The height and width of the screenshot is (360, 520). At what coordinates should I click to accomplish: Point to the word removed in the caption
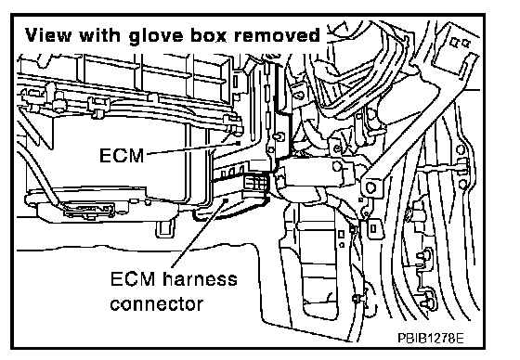click(278, 34)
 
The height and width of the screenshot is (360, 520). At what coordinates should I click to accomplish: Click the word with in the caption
click(100, 34)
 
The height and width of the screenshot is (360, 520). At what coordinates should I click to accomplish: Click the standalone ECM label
click(122, 155)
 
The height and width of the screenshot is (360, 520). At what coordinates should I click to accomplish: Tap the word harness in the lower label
click(201, 279)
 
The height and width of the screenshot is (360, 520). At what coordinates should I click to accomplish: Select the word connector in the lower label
click(157, 304)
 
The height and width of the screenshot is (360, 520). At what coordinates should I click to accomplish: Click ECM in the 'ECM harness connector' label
click(133, 279)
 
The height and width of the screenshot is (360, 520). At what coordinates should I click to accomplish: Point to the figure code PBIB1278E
click(431, 338)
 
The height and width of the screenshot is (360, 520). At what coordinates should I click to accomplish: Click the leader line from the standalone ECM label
click(192, 148)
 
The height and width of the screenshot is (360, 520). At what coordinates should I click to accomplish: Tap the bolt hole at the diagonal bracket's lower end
click(370, 187)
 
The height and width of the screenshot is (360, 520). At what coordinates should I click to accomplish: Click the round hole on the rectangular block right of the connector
click(337, 166)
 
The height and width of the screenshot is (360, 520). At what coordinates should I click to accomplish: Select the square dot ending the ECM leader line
click(239, 142)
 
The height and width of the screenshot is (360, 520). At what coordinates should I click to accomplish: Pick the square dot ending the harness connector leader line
click(227, 199)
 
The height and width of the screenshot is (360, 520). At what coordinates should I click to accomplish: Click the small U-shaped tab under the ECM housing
click(165, 229)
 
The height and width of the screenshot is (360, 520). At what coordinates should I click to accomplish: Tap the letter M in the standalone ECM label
click(136, 155)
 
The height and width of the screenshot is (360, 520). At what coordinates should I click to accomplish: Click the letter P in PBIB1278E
click(401, 338)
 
